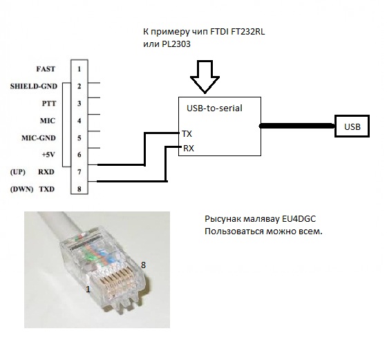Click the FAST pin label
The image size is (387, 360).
[46, 69]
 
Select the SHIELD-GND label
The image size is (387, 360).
[34, 86]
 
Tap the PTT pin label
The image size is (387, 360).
[49, 103]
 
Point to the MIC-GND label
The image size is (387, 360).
[39, 138]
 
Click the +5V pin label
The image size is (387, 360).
[48, 155]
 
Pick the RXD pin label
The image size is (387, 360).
[46, 172]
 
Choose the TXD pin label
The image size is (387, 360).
[47, 189]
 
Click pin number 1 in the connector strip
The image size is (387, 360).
[79, 69]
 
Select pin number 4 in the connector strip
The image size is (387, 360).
[79, 121]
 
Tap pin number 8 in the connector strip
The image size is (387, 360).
[79, 189]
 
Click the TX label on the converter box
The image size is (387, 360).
[187, 134]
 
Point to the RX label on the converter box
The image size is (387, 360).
[189, 149]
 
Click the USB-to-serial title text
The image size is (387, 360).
[214, 108]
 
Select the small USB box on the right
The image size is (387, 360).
[352, 126]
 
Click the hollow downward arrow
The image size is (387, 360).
[205, 77]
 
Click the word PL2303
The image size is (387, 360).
[176, 44]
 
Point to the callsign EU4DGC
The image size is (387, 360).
[299, 219]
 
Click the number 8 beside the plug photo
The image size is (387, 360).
[143, 265]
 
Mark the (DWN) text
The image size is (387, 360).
[21, 189]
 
